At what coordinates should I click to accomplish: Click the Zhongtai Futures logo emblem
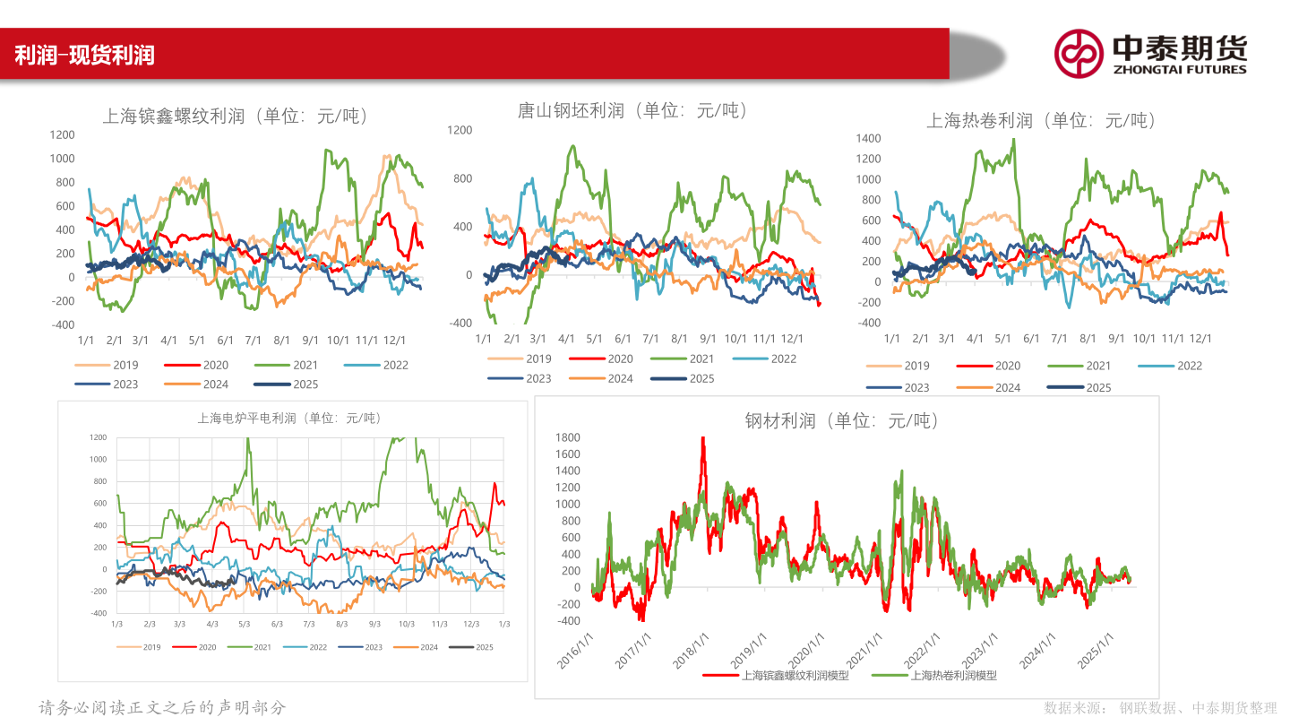click(1079, 53)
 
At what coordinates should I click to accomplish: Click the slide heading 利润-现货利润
click(84, 55)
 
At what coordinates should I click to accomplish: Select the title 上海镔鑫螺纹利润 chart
click(236, 117)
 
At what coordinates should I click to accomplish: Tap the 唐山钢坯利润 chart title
click(632, 111)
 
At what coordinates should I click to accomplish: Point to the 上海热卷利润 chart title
click(1041, 120)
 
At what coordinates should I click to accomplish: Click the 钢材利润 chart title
click(842, 420)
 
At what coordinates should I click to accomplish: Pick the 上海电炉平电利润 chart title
click(288, 418)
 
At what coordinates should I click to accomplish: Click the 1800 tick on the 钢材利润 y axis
click(569, 437)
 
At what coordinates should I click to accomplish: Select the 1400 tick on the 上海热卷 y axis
click(869, 138)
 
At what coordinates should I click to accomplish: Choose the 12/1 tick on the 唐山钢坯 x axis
click(791, 339)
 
